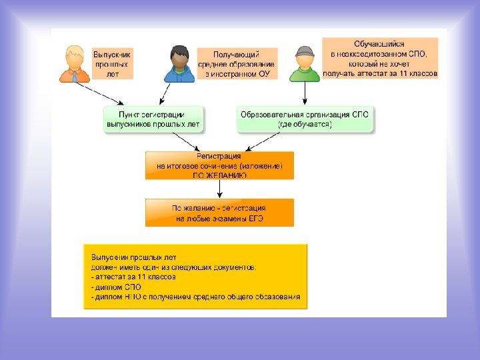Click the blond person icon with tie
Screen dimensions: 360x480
pyautogui.click(x=74, y=63)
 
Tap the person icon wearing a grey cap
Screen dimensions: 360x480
pyautogui.click(x=305, y=63)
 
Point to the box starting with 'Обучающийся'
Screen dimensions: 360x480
pyautogui.click(x=380, y=58)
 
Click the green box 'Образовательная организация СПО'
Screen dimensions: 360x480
pyautogui.click(x=307, y=119)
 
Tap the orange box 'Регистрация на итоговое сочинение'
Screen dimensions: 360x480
pyautogui.click(x=219, y=165)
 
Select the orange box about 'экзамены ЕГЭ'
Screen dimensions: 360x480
pyautogui.click(x=219, y=213)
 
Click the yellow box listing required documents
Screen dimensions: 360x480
pyautogui.click(x=196, y=276)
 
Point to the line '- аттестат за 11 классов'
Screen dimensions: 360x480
pyautogui.click(x=133, y=277)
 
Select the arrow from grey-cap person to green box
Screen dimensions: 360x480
pyautogui.click(x=305, y=94)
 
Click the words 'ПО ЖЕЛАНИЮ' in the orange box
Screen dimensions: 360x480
pyautogui.click(x=220, y=175)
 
